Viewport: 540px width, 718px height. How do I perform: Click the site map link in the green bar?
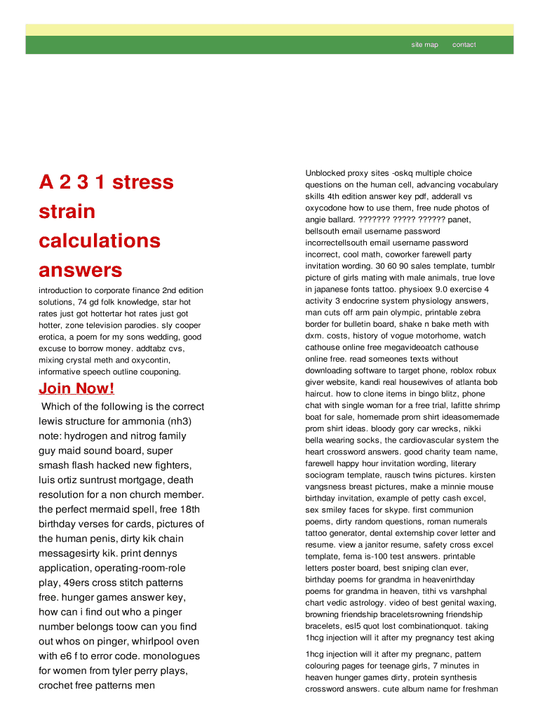(x=424, y=45)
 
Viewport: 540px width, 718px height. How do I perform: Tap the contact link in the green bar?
(x=464, y=45)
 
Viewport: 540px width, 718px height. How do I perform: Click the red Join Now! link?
(x=76, y=388)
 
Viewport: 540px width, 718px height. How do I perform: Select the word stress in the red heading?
(x=142, y=182)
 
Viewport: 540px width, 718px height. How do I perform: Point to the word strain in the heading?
(x=67, y=212)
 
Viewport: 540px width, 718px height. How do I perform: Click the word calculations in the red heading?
(x=100, y=241)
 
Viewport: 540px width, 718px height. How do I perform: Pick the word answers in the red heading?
(x=80, y=271)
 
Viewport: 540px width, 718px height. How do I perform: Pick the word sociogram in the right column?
(x=328, y=475)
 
